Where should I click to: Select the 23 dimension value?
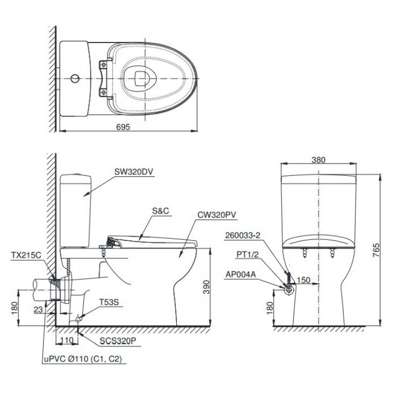tap(38, 309)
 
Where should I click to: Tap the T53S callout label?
tap(106, 302)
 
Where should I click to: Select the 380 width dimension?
tap(318, 160)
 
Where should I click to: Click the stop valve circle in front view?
tap(289, 289)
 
